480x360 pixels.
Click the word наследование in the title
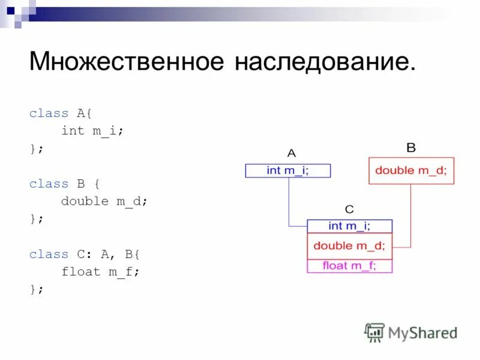coord(325,62)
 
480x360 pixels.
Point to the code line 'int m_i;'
coord(92,130)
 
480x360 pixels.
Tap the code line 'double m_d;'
coord(104,201)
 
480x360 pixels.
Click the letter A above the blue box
coord(292,153)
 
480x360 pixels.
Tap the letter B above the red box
coord(411,147)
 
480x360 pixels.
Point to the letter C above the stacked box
coord(349,209)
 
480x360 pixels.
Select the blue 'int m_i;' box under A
coord(288,170)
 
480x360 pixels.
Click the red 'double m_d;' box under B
coord(411,170)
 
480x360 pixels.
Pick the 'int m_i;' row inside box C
coord(349,226)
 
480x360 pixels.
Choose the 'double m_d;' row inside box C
coord(349,245)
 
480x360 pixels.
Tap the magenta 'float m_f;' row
coord(349,265)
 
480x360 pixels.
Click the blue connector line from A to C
coord(289,204)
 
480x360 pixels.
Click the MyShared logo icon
coord(374,332)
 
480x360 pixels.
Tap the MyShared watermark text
coord(423,332)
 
